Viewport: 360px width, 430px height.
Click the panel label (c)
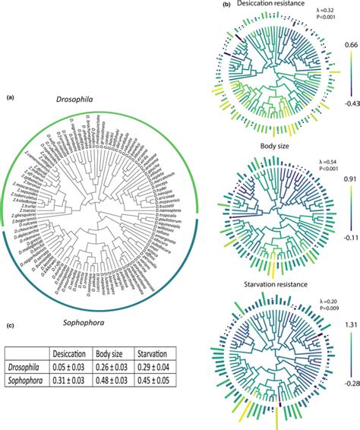tap(11, 327)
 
